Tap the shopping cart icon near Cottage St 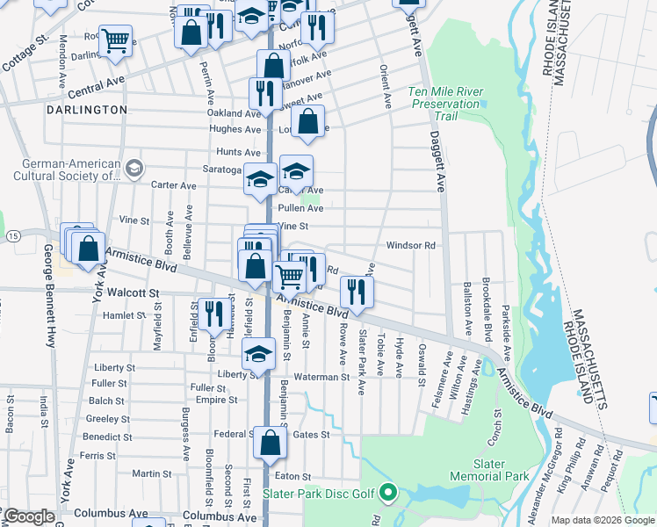click(x=115, y=40)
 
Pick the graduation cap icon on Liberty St click(x=258, y=355)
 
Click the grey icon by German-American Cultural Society click(x=134, y=168)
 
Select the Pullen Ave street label click(x=300, y=208)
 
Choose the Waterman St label click(x=321, y=377)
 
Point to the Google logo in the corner click(x=29, y=516)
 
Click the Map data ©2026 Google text click(x=603, y=520)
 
